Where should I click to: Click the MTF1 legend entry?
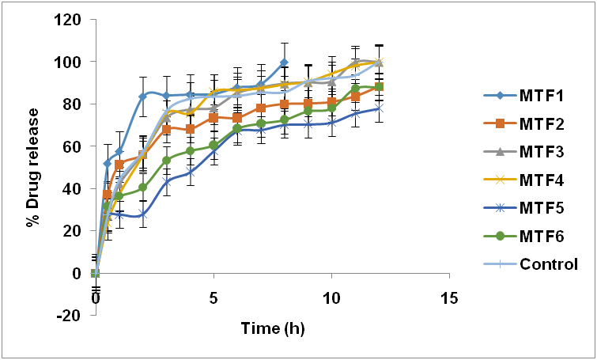[x=531, y=96]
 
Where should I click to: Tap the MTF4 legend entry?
[x=531, y=180]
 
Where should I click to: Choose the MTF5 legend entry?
[x=531, y=208]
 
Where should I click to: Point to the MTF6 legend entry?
[x=531, y=236]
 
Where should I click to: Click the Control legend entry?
[x=538, y=264]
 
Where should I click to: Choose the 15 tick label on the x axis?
[x=449, y=300]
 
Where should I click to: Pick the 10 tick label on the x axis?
[x=331, y=300]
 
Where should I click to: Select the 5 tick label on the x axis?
[x=213, y=300]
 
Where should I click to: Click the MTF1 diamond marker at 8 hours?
[x=284, y=63]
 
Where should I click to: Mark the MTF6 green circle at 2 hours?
[x=143, y=188]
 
